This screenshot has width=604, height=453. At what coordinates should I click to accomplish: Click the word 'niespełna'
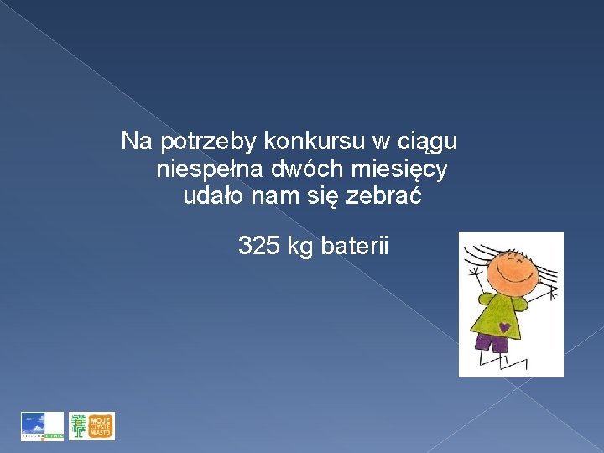pyautogui.click(x=210, y=169)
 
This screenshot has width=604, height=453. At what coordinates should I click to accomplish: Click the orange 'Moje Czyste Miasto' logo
pyautogui.click(x=91, y=426)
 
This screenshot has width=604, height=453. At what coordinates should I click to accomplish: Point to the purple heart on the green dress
pyautogui.click(x=503, y=326)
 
